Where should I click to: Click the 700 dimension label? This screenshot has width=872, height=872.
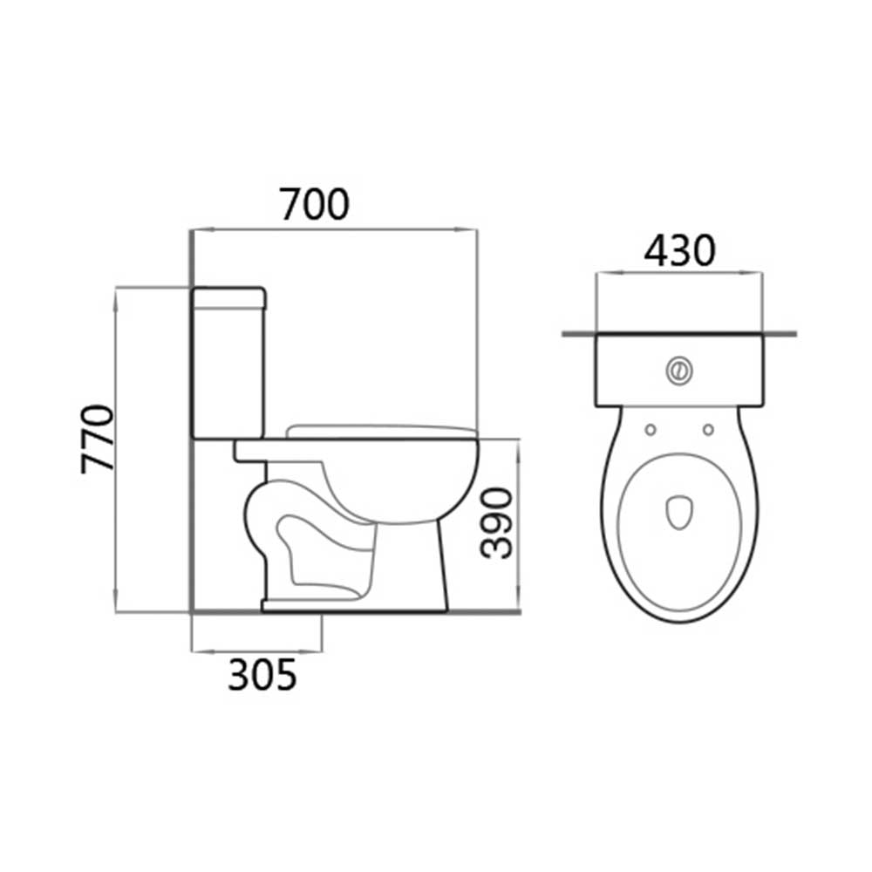pyautogui.click(x=315, y=204)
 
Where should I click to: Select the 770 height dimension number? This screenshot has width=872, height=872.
pyautogui.click(x=98, y=439)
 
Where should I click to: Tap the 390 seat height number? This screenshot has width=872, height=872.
pyautogui.click(x=496, y=522)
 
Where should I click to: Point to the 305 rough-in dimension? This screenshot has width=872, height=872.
pyautogui.click(x=262, y=675)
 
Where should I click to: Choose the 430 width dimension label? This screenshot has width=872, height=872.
pyautogui.click(x=679, y=250)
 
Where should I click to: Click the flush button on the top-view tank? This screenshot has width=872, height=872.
pyautogui.click(x=679, y=370)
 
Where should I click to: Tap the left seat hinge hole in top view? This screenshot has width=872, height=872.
pyautogui.click(x=651, y=429)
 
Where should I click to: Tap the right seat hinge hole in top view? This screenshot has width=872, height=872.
pyautogui.click(x=708, y=429)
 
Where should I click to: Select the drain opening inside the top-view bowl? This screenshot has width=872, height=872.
pyautogui.click(x=679, y=512)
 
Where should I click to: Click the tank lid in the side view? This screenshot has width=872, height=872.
pyautogui.click(x=228, y=298)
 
